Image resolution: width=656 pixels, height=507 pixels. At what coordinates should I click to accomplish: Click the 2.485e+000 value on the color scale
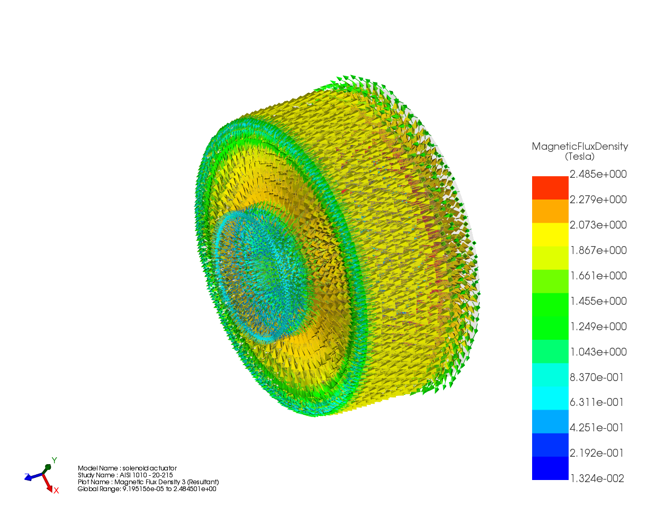click(x=598, y=174)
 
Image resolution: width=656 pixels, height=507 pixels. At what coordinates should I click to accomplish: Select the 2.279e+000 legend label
click(x=598, y=200)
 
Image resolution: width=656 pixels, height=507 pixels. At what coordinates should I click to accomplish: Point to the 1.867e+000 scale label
click(x=598, y=250)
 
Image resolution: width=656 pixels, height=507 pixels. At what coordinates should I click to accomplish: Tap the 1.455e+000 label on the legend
click(x=598, y=301)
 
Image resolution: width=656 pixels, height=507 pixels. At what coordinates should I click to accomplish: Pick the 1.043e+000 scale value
click(x=598, y=352)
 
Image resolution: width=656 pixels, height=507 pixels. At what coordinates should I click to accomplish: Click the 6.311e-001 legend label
click(x=596, y=402)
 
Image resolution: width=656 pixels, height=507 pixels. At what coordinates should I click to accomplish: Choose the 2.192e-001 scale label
click(x=596, y=453)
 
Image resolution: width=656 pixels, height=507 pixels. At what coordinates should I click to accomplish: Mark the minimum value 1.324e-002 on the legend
click(x=597, y=478)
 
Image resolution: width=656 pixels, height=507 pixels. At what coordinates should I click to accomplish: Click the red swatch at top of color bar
click(x=550, y=188)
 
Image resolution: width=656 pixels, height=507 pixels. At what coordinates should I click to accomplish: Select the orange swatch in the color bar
click(x=550, y=211)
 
